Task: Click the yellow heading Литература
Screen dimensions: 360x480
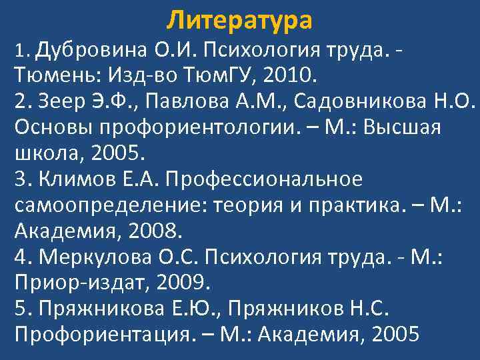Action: click(x=239, y=20)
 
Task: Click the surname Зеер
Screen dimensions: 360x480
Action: click(x=58, y=101)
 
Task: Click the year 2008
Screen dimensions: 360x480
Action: click(x=155, y=231)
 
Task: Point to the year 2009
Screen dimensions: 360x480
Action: click(x=183, y=283)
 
